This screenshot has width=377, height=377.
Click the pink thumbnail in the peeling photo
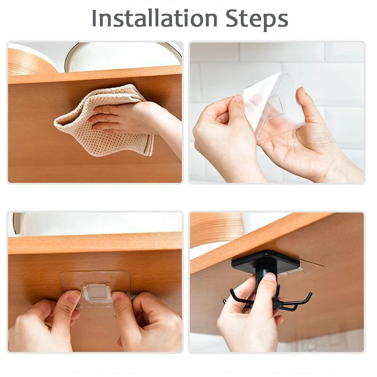click(238, 99)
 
